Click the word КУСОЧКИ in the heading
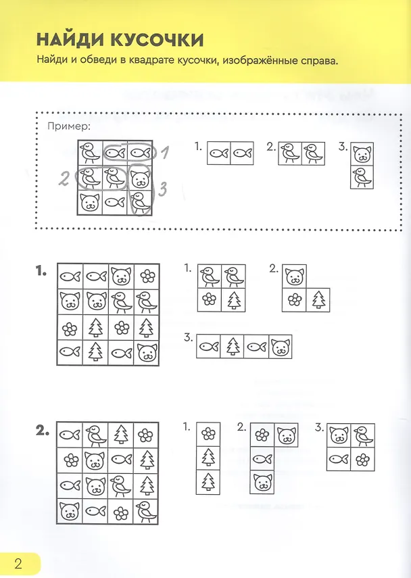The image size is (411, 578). (158, 40)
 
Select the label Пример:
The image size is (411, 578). (69, 127)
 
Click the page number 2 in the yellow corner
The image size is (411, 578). (18, 564)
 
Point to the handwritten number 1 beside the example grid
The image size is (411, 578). (166, 152)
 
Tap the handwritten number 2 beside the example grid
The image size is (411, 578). (64, 178)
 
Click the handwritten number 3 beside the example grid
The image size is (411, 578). (162, 189)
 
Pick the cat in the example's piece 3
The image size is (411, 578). (362, 154)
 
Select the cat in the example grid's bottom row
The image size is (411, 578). (90, 202)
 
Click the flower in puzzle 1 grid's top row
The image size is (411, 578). (147, 276)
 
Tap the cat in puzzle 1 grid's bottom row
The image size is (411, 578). (147, 353)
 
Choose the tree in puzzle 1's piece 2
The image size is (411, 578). (318, 299)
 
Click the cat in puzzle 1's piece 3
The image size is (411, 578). (281, 347)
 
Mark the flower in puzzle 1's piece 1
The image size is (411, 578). (210, 299)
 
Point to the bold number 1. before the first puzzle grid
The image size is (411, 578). (41, 272)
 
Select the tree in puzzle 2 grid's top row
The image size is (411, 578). (121, 435)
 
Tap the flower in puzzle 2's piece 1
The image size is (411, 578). (208, 434)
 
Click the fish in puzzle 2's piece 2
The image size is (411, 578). (262, 459)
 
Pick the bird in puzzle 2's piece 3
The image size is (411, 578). (364, 435)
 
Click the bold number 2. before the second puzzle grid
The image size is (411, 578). (43, 431)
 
